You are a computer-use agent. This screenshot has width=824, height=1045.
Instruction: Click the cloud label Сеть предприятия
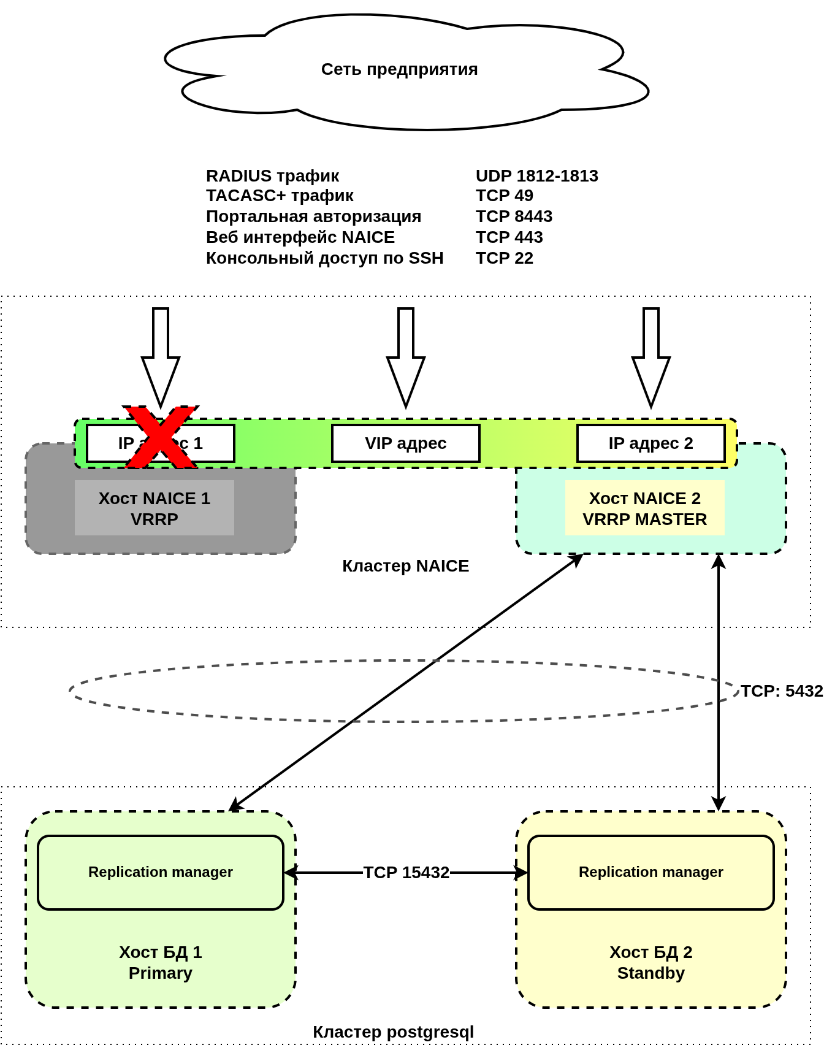pyautogui.click(x=399, y=69)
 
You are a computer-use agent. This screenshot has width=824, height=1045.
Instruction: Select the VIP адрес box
pyautogui.click(x=405, y=443)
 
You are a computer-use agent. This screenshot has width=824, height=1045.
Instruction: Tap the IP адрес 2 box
pyautogui.click(x=650, y=443)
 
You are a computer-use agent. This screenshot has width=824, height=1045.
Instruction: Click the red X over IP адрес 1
pyautogui.click(x=161, y=437)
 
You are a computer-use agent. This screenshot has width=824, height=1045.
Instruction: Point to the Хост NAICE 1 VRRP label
pyautogui.click(x=154, y=508)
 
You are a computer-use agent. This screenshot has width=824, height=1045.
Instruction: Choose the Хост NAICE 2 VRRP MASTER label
pyautogui.click(x=644, y=508)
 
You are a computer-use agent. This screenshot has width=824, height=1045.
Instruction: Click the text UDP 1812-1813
pyautogui.click(x=536, y=176)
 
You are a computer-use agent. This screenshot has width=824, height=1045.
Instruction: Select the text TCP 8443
pyautogui.click(x=514, y=216)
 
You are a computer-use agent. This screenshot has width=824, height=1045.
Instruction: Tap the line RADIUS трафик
pyautogui.click(x=272, y=176)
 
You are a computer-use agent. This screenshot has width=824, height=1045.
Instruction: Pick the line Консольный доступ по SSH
pyautogui.click(x=324, y=258)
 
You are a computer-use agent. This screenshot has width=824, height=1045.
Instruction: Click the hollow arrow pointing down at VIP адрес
pyautogui.click(x=406, y=359)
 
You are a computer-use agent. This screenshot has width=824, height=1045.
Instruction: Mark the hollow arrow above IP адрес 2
pyautogui.click(x=651, y=359)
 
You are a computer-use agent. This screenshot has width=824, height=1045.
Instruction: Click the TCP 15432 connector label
pyautogui.click(x=406, y=873)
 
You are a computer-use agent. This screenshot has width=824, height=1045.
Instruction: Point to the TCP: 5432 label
pyautogui.click(x=781, y=691)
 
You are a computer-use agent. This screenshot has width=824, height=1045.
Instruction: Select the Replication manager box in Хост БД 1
pyautogui.click(x=161, y=872)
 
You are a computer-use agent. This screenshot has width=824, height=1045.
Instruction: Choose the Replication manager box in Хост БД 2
pyautogui.click(x=651, y=872)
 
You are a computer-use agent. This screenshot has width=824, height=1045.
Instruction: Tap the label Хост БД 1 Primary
pyautogui.click(x=161, y=962)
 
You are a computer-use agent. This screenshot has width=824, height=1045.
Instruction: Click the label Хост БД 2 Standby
pyautogui.click(x=651, y=962)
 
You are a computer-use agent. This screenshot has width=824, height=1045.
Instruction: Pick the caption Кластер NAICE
pyautogui.click(x=405, y=566)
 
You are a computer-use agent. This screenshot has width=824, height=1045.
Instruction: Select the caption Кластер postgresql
pyautogui.click(x=393, y=1032)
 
